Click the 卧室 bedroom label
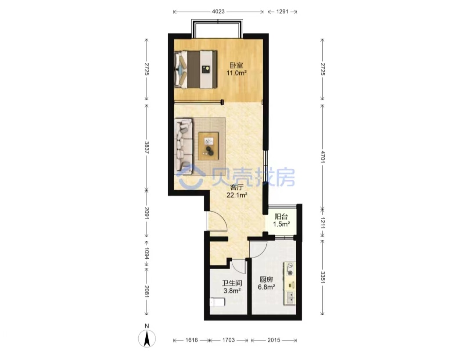[237, 65]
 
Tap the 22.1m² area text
[237, 195]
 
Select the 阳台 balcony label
[281, 217]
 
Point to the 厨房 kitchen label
[266, 279]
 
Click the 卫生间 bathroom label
[232, 283]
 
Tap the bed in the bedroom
[196, 69]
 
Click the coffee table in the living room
[208, 146]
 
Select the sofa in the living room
[184, 147]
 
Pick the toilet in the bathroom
[218, 302]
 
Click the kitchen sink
[290, 297]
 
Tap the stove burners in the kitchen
[290, 269]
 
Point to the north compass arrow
[147, 338]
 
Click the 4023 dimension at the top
[218, 11]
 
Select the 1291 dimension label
[282, 11]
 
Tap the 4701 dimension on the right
[323, 157]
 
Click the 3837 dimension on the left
[147, 147]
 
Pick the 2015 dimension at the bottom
[273, 340]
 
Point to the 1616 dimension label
[191, 340]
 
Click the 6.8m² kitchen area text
[266, 287]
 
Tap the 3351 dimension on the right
[323, 277]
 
